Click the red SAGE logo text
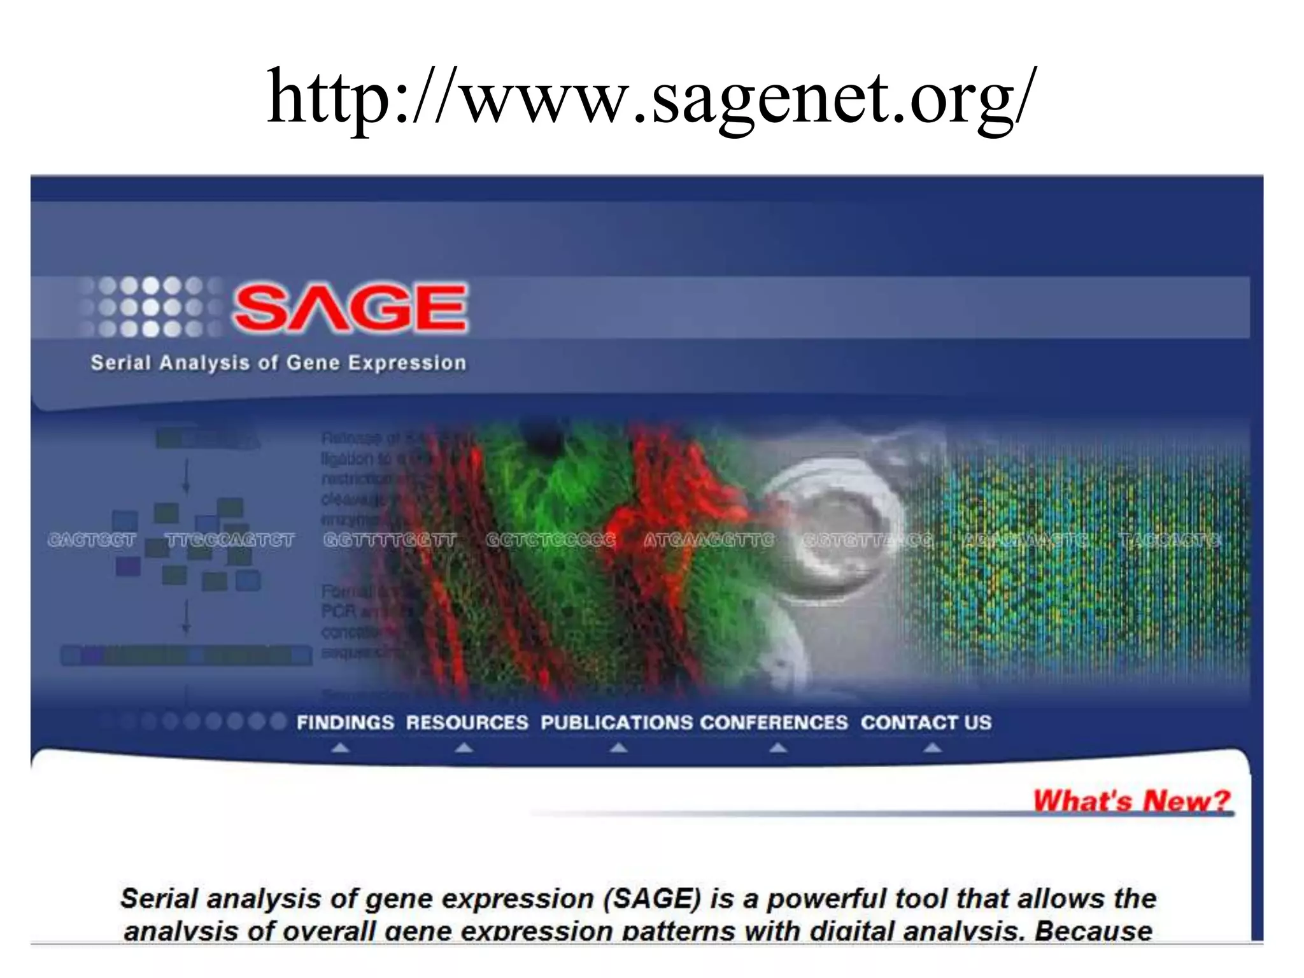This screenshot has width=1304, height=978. (x=350, y=308)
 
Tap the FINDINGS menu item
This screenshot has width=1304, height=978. (x=345, y=723)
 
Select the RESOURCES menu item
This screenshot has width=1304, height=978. (x=467, y=723)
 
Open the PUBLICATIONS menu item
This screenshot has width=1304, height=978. (x=616, y=723)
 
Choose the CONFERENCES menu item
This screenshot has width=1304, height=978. (x=774, y=723)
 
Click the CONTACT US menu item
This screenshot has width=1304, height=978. (x=926, y=723)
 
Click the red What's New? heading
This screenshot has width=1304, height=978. (x=1131, y=800)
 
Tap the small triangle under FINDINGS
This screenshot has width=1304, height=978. (x=341, y=748)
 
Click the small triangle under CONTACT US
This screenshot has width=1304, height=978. (x=932, y=748)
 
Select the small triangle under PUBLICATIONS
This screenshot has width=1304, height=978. (x=618, y=748)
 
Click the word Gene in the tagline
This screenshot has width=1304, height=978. (x=313, y=363)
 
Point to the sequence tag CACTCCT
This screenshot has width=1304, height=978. (x=92, y=541)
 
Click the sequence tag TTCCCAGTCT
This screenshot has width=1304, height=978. (x=229, y=541)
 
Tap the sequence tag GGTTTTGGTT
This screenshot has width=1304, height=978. (x=390, y=541)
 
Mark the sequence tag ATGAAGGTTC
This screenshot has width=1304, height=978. (x=708, y=541)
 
